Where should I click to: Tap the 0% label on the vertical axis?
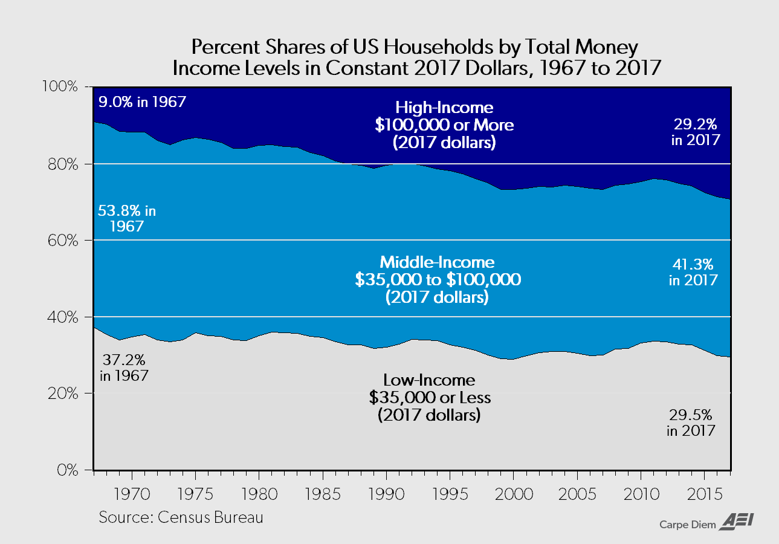pos(69,470)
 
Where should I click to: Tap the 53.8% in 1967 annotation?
pos(128,219)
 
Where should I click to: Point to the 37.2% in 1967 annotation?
pos(124,367)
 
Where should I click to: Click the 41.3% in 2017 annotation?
pos(693,272)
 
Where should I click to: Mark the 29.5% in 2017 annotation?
pos(691,423)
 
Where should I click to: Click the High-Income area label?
pos(444,125)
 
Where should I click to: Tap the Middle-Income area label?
pos(437,280)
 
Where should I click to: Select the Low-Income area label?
pos(429,398)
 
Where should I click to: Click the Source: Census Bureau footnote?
pos(181,518)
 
